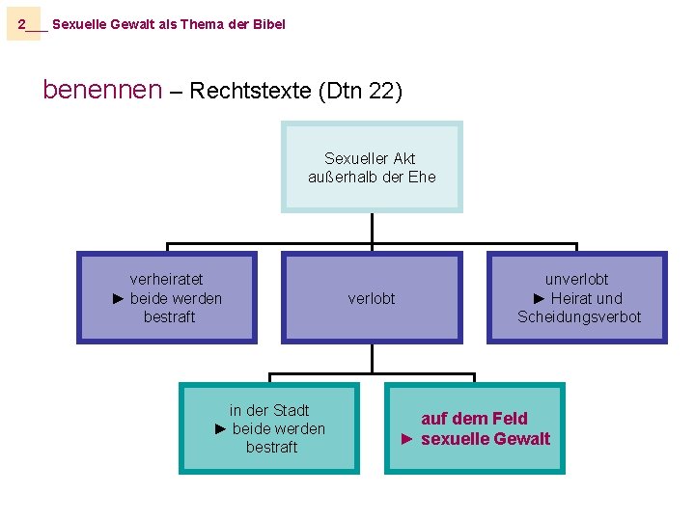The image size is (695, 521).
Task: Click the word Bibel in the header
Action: tap(269, 24)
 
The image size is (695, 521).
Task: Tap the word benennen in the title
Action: tap(102, 91)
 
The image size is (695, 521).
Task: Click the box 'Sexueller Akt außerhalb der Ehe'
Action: tap(372, 167)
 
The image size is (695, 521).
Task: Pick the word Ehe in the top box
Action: tap(423, 177)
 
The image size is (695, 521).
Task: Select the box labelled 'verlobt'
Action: tap(372, 298)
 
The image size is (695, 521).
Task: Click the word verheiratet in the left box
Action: tap(167, 280)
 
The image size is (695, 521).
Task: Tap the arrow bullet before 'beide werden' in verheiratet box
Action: tap(119, 298)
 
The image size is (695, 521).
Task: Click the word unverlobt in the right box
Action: tap(576, 280)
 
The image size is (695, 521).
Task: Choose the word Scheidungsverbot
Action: tap(579, 316)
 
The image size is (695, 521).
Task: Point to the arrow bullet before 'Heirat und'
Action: tap(540, 298)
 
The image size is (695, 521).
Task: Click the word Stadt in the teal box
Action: tap(289, 410)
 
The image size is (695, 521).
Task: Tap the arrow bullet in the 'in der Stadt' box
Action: tap(221, 428)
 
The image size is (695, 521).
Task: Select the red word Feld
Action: tap(510, 419)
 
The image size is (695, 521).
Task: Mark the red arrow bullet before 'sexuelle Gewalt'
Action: tap(407, 439)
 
